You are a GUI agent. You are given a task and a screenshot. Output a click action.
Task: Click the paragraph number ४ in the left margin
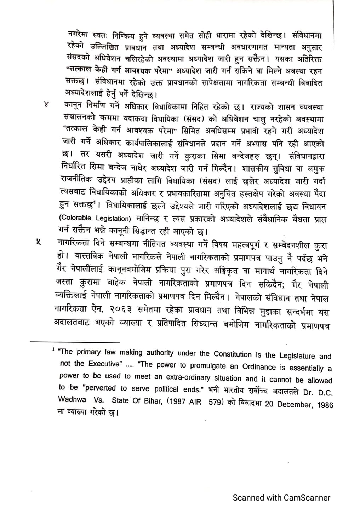click(46, 104)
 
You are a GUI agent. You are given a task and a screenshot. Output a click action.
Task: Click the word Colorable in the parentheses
click(75, 218)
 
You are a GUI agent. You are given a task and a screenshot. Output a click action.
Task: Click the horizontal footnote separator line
click(75, 342)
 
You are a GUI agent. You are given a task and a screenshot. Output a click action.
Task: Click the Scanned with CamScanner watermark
click(281, 498)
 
